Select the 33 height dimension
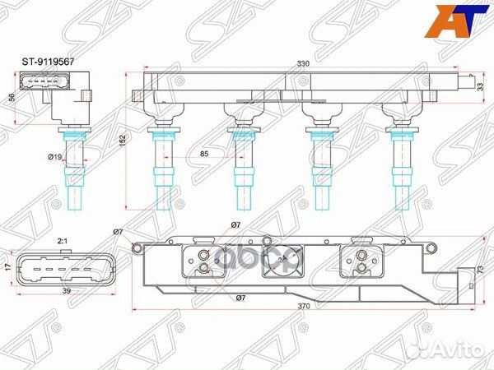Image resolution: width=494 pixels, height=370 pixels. (x=482, y=85)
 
